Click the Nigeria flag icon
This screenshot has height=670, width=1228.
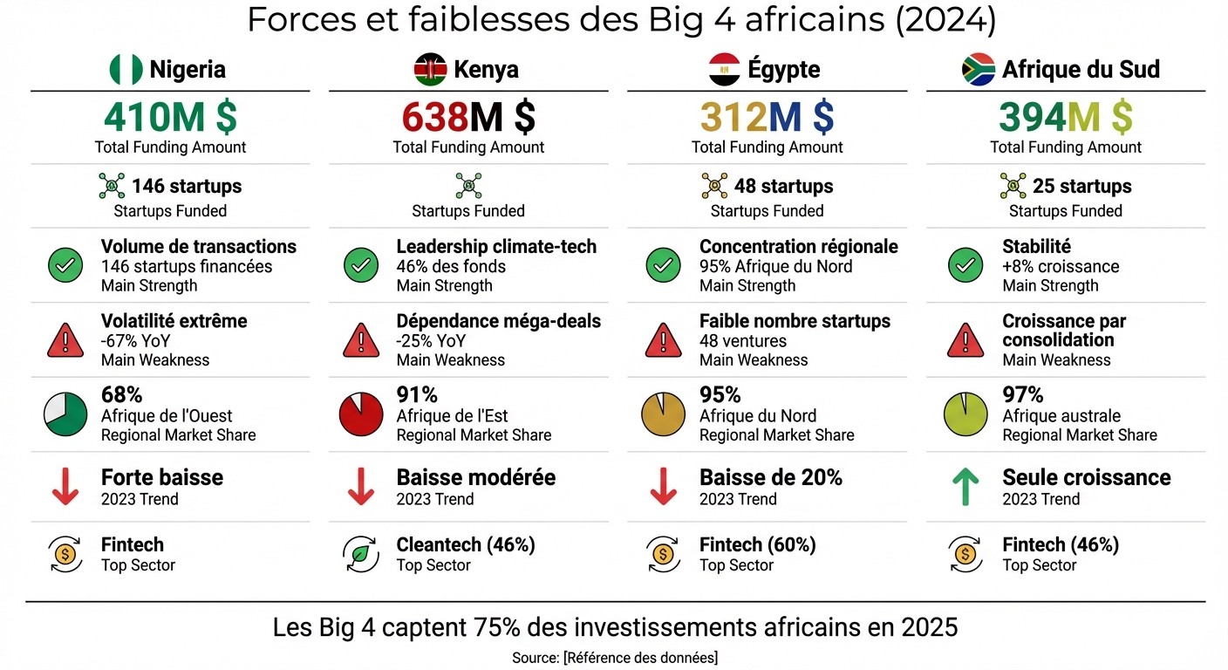[x=126, y=69]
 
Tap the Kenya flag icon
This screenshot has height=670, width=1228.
[x=430, y=69]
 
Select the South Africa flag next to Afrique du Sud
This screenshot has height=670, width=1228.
[x=979, y=69]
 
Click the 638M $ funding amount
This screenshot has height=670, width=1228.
[x=468, y=117]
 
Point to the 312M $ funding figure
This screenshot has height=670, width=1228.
[x=767, y=117]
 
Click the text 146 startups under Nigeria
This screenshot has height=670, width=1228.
[x=187, y=186]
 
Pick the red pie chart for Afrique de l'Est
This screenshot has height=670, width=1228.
[x=361, y=414]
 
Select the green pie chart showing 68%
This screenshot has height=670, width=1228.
[x=65, y=414]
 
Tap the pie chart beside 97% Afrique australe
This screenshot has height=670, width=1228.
[x=965, y=414]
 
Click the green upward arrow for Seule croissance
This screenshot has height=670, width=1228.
[x=965, y=487]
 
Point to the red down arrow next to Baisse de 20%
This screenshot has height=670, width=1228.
[x=663, y=487]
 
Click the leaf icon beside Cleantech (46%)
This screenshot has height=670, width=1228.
[x=361, y=554]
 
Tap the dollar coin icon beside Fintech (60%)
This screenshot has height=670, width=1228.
[x=663, y=554]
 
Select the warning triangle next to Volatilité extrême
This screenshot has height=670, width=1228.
[x=65, y=340]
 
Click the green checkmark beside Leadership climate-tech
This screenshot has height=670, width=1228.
[x=361, y=265]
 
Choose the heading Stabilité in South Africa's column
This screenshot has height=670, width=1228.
[x=1036, y=247]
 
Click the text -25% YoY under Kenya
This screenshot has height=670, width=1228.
[x=431, y=340]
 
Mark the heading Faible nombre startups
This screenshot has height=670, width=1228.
[x=795, y=321]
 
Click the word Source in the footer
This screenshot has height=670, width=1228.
[x=534, y=657]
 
